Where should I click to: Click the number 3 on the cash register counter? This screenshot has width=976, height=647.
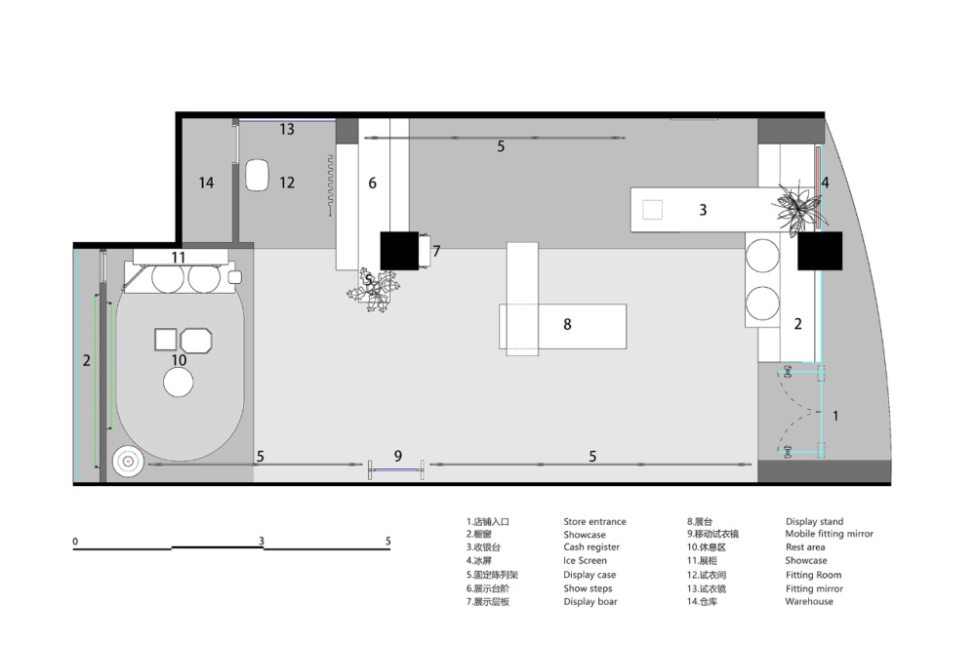(x=703, y=210)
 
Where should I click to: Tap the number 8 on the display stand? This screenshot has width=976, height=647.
(x=567, y=324)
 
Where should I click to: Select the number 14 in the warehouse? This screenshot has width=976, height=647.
(x=206, y=182)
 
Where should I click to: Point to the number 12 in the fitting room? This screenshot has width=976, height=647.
(x=287, y=182)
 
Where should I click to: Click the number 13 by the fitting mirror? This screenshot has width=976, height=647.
(x=287, y=130)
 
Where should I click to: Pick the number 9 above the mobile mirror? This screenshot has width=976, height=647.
(x=398, y=456)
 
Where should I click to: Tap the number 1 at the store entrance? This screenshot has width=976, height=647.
(x=835, y=416)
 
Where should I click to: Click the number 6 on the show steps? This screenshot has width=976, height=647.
(x=372, y=182)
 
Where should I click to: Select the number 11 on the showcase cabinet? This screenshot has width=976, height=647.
(x=179, y=258)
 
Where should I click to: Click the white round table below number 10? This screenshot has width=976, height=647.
(x=178, y=382)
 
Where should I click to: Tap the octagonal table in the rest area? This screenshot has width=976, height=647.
(x=196, y=341)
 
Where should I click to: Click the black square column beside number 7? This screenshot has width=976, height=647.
(x=399, y=251)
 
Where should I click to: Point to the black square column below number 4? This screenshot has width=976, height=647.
(x=820, y=251)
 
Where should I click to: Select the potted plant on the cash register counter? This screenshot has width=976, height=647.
(x=798, y=208)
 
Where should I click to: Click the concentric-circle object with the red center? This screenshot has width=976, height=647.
(x=128, y=462)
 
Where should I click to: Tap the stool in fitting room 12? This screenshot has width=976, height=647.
(x=257, y=176)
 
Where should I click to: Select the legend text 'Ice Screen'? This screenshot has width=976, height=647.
(x=585, y=560)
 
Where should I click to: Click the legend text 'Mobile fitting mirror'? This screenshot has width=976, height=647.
(x=829, y=534)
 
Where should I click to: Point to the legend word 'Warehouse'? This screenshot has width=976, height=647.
(x=808, y=601)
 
